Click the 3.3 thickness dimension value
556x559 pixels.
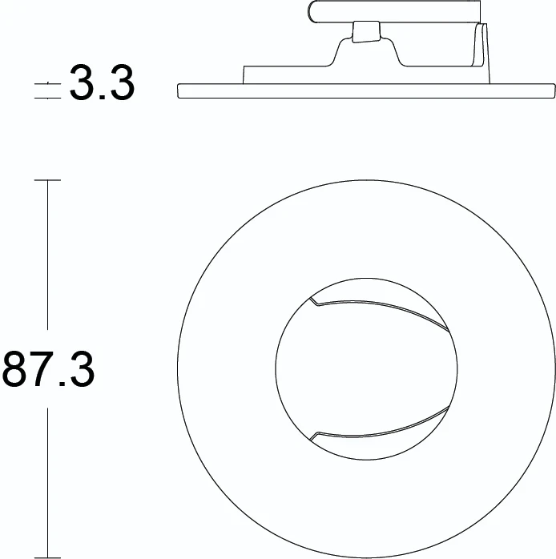coord(102,83)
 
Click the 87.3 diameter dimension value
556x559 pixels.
coord(49,369)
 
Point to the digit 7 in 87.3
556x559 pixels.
coord(42,369)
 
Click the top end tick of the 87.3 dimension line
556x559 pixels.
coord(48,182)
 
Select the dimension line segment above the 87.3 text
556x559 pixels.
coord(48,256)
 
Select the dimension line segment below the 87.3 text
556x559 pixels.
coord(48,481)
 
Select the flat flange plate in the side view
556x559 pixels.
coord(365,90)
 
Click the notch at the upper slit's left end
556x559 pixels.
coord(312,302)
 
